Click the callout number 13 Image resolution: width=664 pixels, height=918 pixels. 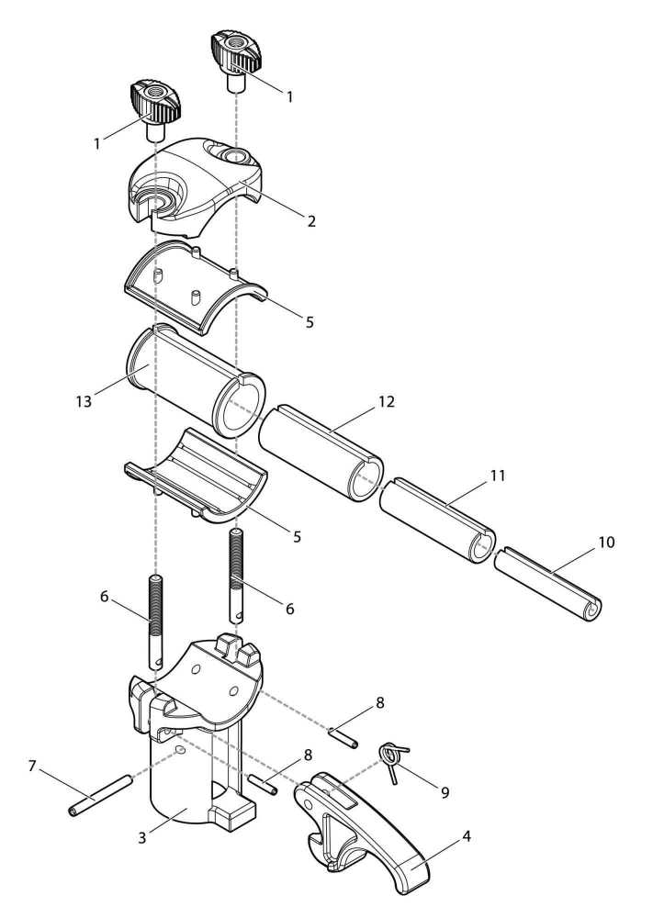coord(84,402)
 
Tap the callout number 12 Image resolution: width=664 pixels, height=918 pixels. coord(387,402)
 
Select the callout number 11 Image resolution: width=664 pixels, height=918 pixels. coord(497,476)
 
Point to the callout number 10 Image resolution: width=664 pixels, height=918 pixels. coord(607,543)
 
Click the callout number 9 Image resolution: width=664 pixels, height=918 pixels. coord(445,793)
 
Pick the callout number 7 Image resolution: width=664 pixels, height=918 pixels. coord(32,766)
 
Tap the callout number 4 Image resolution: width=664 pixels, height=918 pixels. coord(467,836)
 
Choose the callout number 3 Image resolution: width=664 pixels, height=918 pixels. coord(141,838)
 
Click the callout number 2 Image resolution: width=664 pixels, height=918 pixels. coord(311,220)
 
